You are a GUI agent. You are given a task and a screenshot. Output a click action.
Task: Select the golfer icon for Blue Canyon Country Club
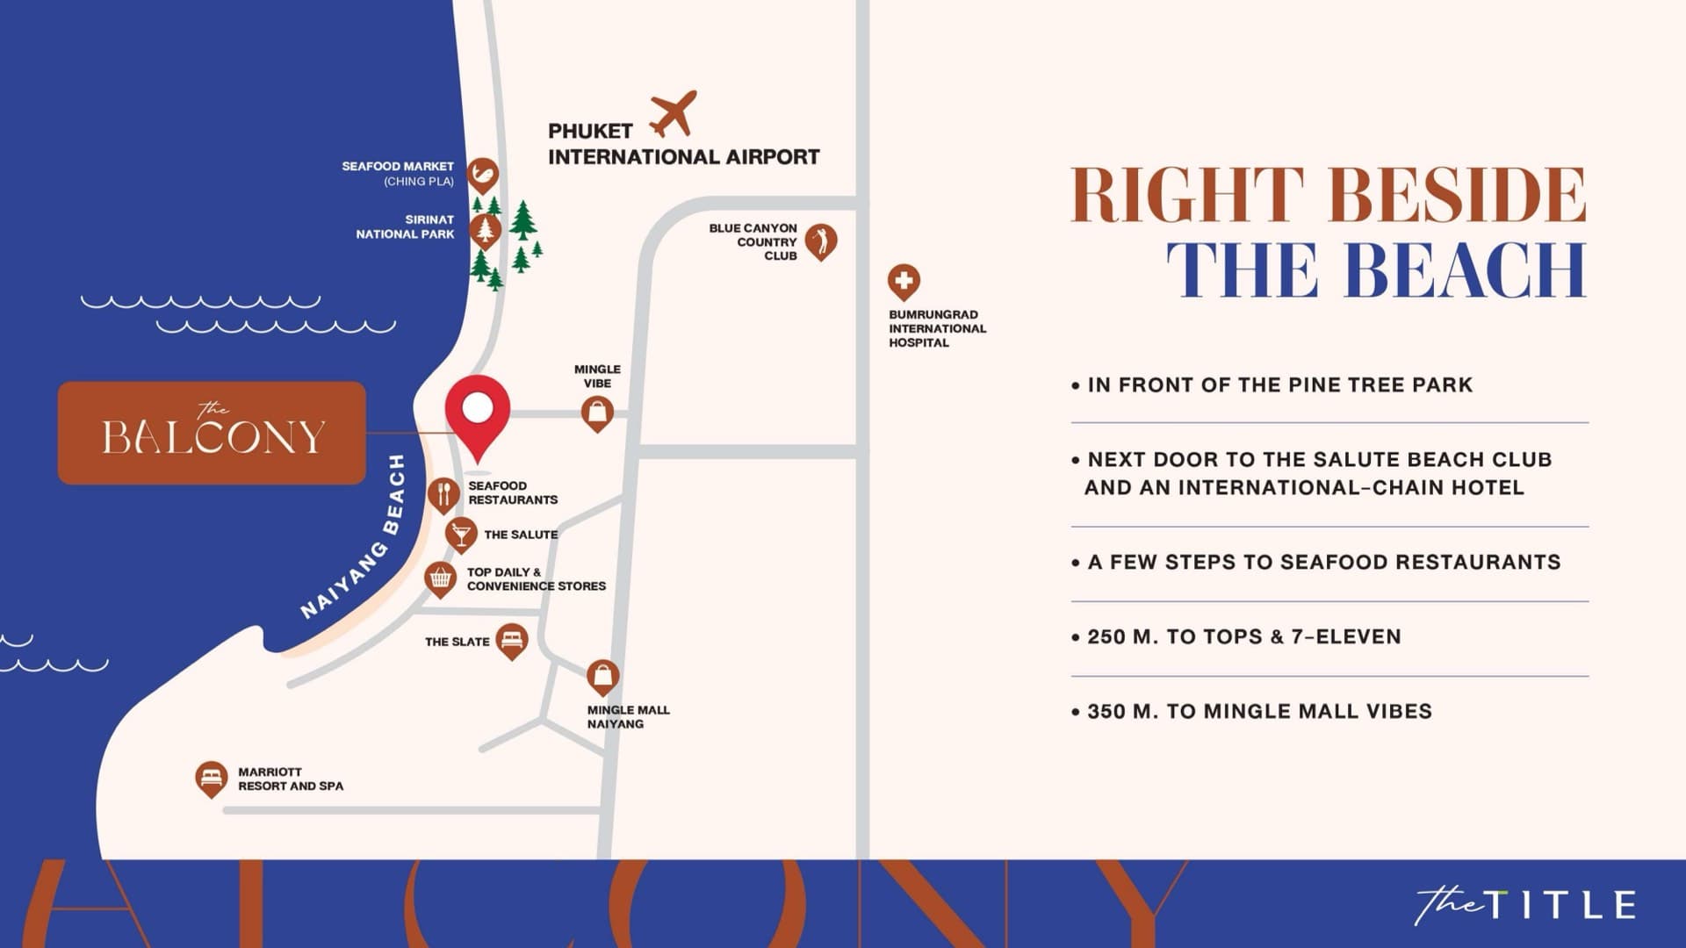pos(821,240)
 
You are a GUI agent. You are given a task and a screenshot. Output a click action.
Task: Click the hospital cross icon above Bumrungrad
pos(904,282)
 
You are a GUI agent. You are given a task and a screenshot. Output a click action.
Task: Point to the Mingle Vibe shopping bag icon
pos(597,412)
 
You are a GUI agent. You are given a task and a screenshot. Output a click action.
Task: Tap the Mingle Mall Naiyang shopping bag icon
pos(602,676)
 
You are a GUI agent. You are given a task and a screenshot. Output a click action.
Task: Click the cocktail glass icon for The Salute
pos(461,533)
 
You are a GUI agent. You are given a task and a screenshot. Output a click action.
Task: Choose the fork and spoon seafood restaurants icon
pos(443,494)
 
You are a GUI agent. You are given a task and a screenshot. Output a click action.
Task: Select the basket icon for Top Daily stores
pos(440,578)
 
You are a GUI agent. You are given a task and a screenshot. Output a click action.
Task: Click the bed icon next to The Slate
pos(511,639)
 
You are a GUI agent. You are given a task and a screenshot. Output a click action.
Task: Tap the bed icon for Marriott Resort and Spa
pos(211,777)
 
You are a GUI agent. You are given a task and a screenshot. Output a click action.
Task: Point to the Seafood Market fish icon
pos(482,175)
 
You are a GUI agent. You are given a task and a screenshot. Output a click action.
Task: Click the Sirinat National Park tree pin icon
pos(485,230)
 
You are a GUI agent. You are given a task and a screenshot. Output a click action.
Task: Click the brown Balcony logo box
pos(212,433)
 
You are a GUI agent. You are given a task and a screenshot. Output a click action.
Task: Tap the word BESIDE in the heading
pos(1458,195)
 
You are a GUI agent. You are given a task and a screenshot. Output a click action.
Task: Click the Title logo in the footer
pos(1525,905)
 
